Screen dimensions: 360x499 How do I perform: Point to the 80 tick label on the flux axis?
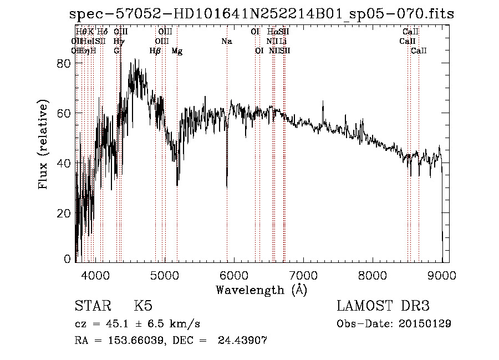65,63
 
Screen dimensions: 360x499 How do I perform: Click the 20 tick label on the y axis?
65,213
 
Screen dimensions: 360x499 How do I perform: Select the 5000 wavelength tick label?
164,275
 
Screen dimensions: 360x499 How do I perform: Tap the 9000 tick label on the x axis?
442,275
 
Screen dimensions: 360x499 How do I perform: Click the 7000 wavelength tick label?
303,275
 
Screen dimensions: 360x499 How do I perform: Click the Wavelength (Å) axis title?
261,290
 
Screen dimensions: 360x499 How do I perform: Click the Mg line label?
177,51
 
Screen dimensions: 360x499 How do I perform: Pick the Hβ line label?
155,51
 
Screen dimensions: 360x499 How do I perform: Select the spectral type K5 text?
143,307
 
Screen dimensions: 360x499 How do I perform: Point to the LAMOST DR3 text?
383,307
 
